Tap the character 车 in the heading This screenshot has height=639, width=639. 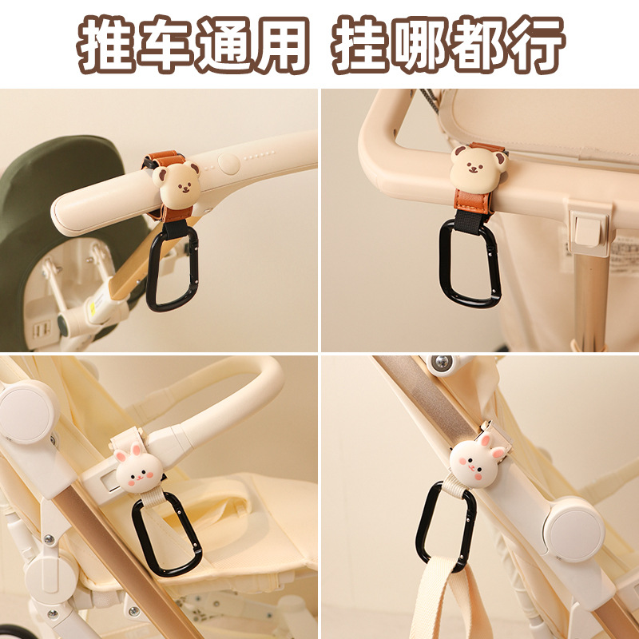(168, 44)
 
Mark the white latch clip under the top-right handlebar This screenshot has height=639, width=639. (588, 228)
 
